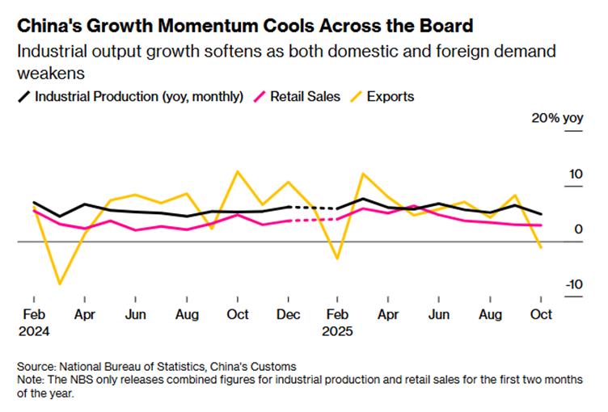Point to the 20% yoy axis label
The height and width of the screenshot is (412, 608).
click(556, 118)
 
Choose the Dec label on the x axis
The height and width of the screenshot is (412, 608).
click(288, 314)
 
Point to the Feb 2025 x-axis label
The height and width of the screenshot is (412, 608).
click(339, 322)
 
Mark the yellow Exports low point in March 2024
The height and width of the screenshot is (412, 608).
click(59, 284)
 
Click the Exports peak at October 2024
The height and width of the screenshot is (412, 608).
click(237, 171)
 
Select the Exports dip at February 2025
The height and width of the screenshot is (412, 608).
click(338, 259)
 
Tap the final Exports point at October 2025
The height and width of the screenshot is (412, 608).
click(541, 247)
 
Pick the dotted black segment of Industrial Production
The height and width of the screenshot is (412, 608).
click(313, 208)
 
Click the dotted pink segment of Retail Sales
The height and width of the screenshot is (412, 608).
click(313, 219)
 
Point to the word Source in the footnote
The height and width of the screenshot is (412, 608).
click(34, 366)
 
